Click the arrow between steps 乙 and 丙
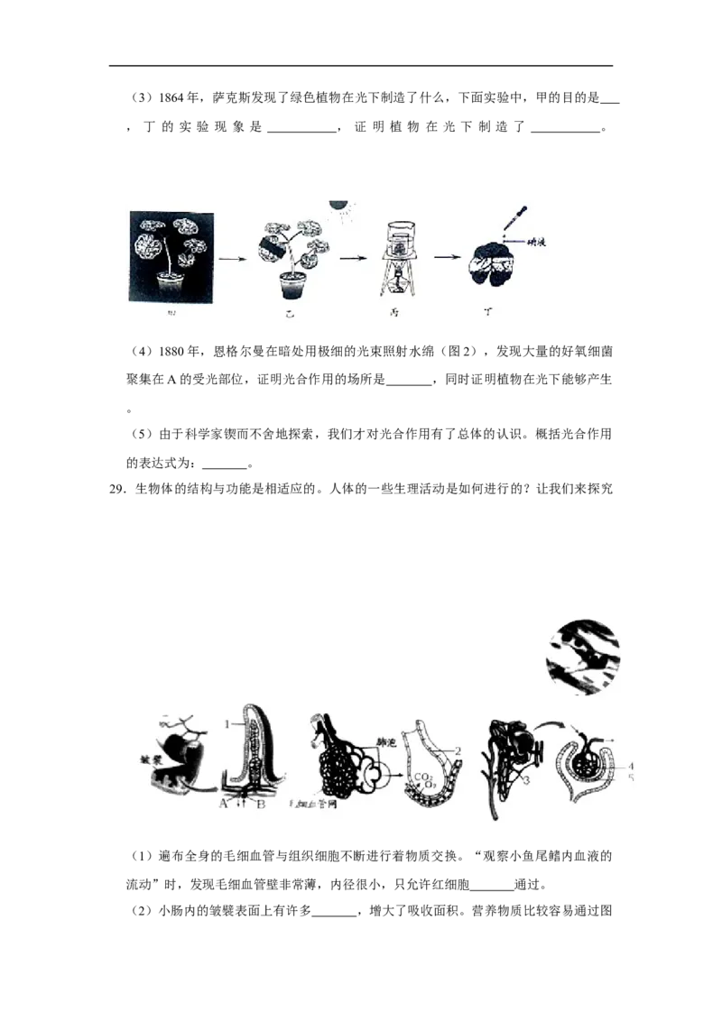pos(350,257)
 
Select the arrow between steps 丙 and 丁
pos(444,256)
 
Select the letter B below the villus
pos(260,805)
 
